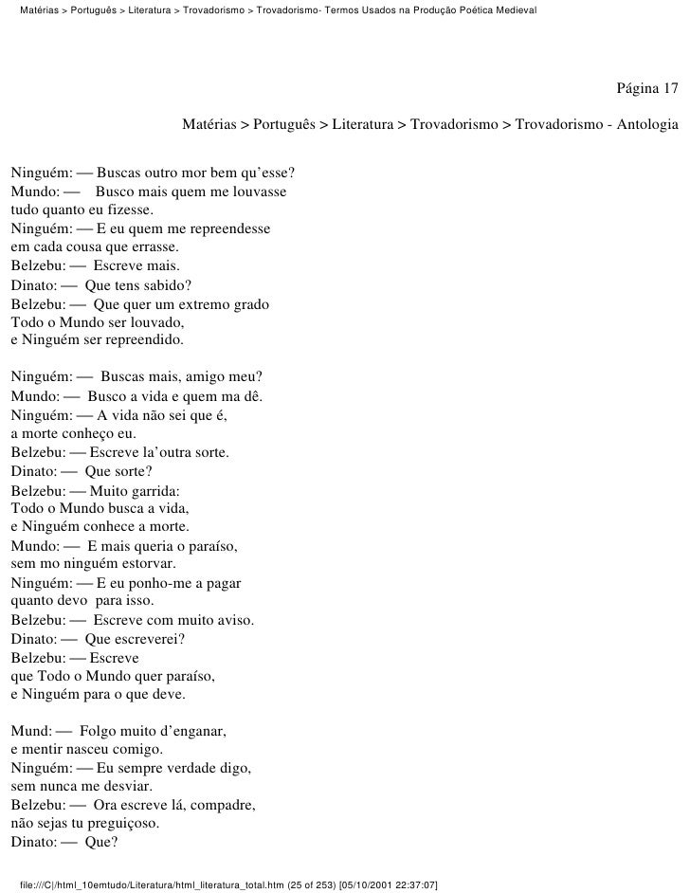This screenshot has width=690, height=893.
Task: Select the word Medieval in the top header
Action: coord(510,9)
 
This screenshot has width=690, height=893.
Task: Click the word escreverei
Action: coord(144,639)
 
